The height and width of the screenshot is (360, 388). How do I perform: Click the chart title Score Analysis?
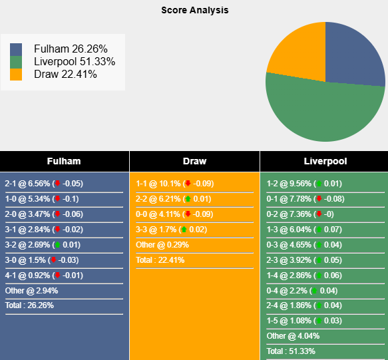click(194, 10)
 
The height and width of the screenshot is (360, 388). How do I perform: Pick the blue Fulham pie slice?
click(353, 57)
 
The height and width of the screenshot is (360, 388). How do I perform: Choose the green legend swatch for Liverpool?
click(16, 61)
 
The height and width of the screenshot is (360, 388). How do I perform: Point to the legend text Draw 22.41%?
click(65, 74)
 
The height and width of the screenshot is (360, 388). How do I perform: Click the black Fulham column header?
click(64, 161)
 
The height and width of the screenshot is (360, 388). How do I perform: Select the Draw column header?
click(194, 161)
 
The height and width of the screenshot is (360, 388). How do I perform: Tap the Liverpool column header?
click(325, 161)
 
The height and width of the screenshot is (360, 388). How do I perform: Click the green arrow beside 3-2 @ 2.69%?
click(57, 245)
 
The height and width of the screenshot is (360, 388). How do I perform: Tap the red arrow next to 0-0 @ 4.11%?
click(188, 214)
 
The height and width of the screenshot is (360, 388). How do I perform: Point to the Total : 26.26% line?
click(29, 305)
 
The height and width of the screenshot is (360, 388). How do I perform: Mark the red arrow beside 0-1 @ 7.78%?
click(319, 199)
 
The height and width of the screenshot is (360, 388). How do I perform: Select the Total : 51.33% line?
click(291, 351)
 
